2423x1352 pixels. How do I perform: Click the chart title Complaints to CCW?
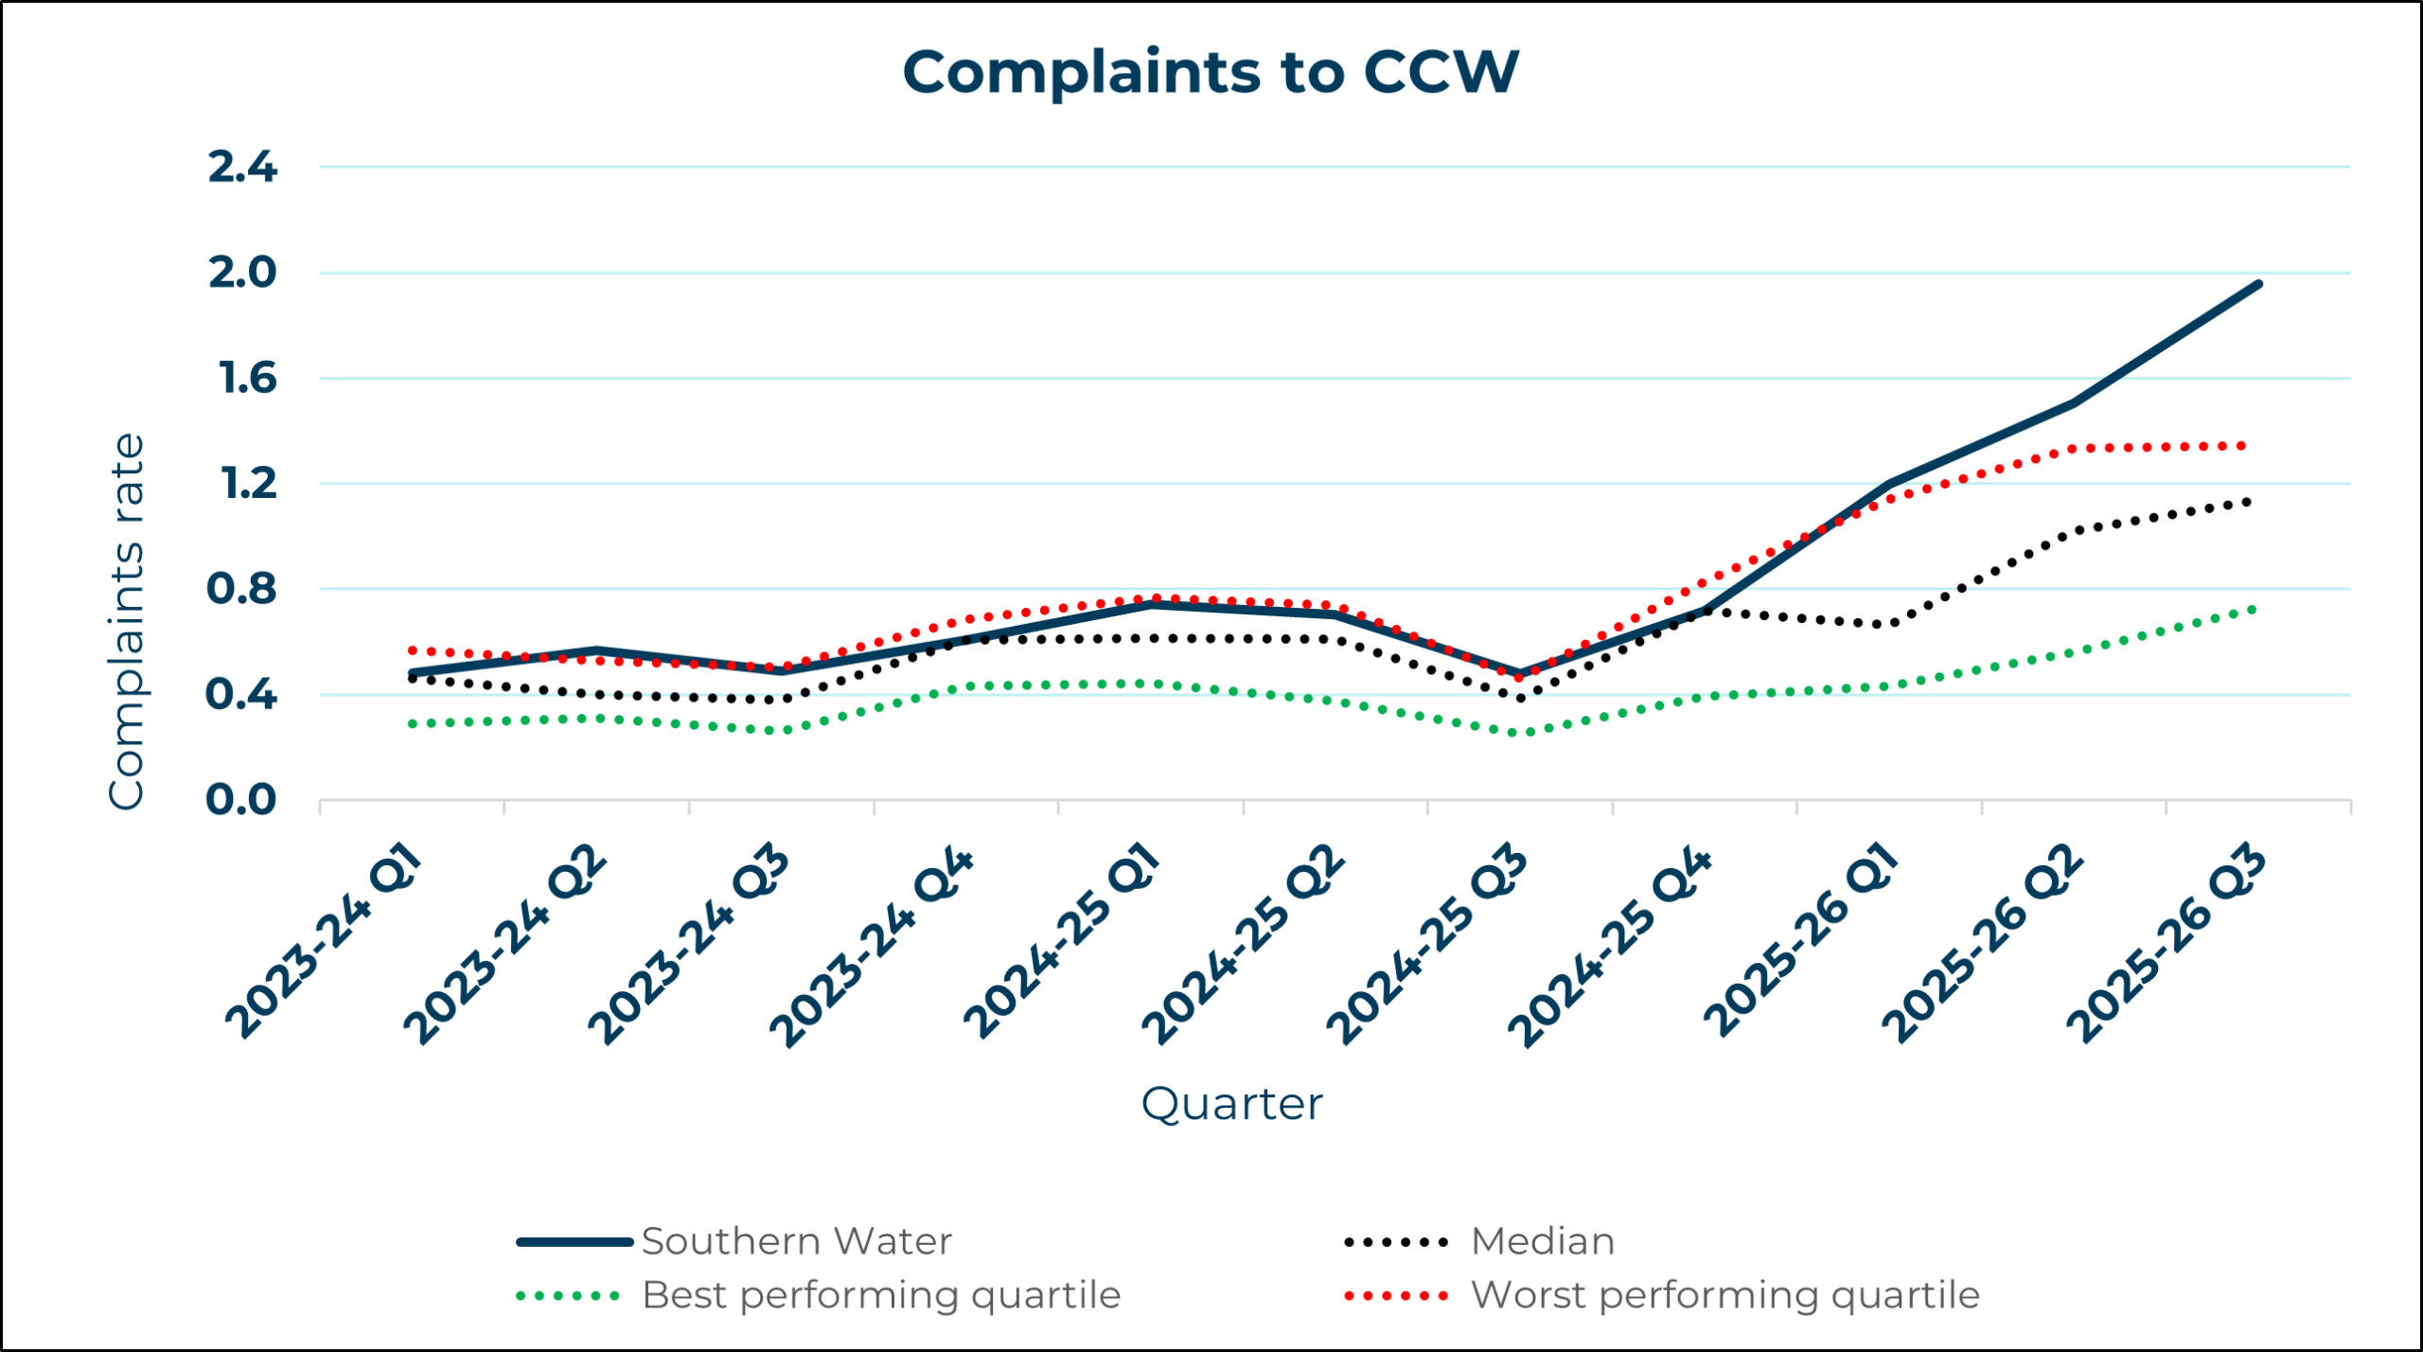(x=1211, y=72)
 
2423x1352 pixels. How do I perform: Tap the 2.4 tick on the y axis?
(x=242, y=168)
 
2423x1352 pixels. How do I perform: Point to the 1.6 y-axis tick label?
(x=247, y=379)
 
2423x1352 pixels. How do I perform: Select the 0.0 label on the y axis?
(x=241, y=801)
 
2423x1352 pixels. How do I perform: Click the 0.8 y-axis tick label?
(x=241, y=590)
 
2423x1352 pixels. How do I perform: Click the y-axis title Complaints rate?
(x=127, y=621)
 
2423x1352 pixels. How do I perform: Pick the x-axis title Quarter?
(x=1231, y=1104)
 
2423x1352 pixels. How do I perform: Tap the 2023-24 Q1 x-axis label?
(x=324, y=941)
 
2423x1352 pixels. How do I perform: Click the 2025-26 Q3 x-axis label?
(x=2166, y=945)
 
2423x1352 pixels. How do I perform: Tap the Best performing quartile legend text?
(x=880, y=1295)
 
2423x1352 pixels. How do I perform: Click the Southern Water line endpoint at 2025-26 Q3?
(x=2258, y=284)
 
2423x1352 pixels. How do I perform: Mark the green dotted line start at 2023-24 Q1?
(x=413, y=724)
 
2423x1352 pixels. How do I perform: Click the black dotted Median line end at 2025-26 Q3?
(x=2247, y=502)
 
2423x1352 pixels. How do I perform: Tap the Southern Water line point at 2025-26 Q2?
(x=2073, y=402)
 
